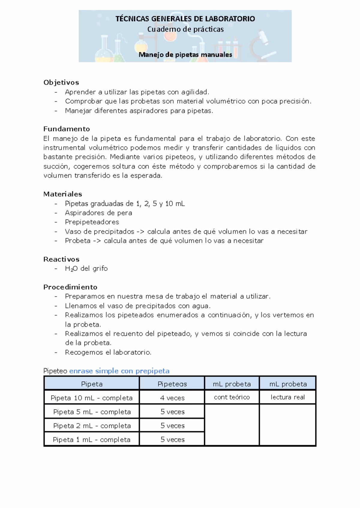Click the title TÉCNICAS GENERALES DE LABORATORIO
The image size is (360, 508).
click(x=185, y=19)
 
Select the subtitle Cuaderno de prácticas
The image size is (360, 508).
click(x=185, y=29)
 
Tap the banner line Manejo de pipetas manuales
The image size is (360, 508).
click(x=185, y=55)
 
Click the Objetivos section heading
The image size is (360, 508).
click(x=61, y=82)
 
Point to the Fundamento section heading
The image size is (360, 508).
click(x=67, y=129)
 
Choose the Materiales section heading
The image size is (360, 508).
click(x=63, y=194)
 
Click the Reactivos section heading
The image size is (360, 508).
click(x=61, y=259)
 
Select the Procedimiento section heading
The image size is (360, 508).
click(x=70, y=287)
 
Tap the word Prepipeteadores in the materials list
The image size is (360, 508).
click(x=92, y=222)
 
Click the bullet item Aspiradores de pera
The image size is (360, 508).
click(x=98, y=213)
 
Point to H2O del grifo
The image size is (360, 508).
click(x=86, y=268)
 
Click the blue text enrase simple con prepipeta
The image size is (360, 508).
click(x=119, y=371)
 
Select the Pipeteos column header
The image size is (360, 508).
click(x=172, y=384)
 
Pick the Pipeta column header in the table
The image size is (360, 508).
click(x=92, y=384)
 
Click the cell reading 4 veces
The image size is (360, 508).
click(x=172, y=398)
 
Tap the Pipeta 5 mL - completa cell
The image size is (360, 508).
click(x=92, y=412)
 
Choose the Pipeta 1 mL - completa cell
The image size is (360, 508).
click(x=92, y=440)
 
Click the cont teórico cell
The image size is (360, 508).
click(x=232, y=397)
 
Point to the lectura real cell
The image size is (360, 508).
click(x=287, y=397)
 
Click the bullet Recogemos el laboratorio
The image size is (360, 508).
click(x=108, y=352)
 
